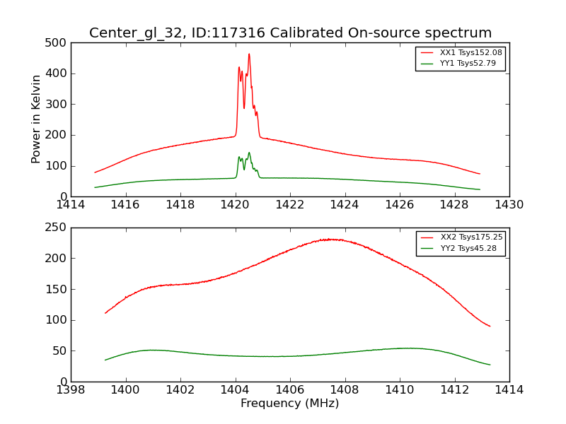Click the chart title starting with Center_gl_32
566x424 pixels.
pos(290,33)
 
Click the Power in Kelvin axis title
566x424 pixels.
pos(36,119)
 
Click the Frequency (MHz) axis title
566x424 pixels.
pos(290,404)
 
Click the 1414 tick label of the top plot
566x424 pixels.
pos(71,205)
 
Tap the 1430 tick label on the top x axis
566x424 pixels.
pos(509,205)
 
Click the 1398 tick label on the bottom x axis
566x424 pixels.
pos(71,389)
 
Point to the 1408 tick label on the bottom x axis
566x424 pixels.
pos(345,389)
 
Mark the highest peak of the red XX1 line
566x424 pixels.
pos(249,54)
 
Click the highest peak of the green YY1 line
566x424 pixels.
pos(249,153)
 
